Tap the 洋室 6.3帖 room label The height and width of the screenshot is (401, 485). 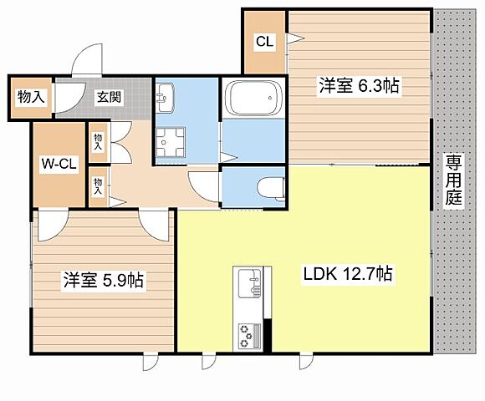(x=357, y=84)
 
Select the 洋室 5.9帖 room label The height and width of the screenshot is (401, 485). (x=103, y=281)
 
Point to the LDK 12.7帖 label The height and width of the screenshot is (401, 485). (x=349, y=273)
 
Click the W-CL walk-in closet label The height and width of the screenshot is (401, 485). (x=59, y=164)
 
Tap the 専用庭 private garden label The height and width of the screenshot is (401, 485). (x=453, y=181)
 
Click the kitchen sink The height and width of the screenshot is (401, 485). (x=249, y=285)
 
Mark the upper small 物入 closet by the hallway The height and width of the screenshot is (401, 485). (x=99, y=140)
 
